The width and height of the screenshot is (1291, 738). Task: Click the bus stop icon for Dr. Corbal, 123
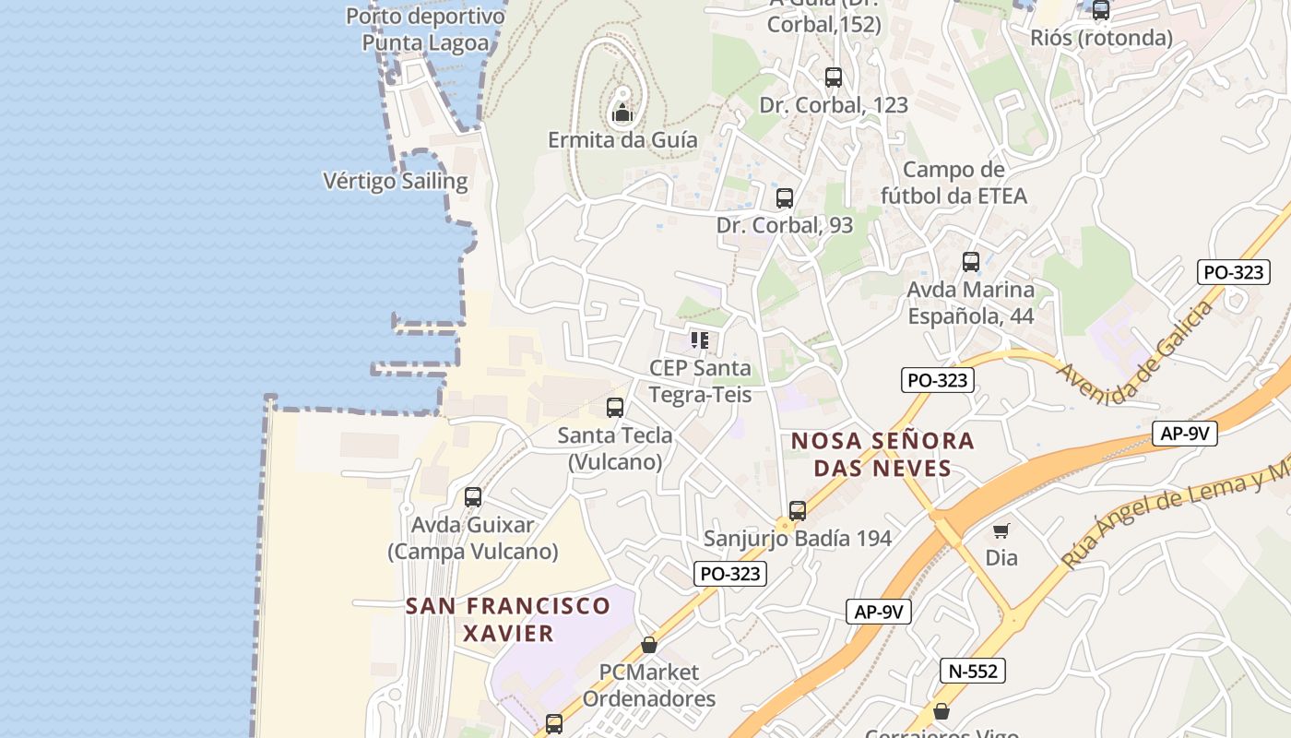click(834, 77)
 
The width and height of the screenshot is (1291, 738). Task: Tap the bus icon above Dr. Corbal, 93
click(785, 197)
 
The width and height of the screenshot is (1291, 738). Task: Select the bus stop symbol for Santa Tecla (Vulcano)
click(615, 407)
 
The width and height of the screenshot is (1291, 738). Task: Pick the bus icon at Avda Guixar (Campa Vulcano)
click(473, 497)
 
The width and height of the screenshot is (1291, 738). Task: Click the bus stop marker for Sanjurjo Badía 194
click(798, 510)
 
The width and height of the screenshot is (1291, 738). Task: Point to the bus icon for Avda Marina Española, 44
click(971, 262)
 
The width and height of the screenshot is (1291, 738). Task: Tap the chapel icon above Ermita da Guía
click(622, 113)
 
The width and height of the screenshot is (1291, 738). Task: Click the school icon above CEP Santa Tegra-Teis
click(700, 340)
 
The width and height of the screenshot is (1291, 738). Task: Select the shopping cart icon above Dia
click(1001, 530)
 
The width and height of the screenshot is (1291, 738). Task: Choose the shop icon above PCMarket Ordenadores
click(649, 645)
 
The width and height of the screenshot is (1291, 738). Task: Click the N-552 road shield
click(973, 671)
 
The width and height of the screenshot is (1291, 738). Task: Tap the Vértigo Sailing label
click(396, 181)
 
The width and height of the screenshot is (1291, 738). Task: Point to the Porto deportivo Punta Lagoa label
click(425, 30)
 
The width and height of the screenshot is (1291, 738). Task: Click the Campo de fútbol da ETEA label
click(953, 183)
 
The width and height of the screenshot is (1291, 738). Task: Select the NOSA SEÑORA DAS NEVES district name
click(883, 454)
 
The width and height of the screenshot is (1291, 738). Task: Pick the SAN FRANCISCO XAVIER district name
click(508, 619)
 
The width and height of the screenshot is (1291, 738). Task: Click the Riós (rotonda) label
click(1102, 38)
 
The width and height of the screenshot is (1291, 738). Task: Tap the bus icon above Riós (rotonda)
click(1101, 10)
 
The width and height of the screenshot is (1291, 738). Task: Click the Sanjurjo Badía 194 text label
click(798, 539)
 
